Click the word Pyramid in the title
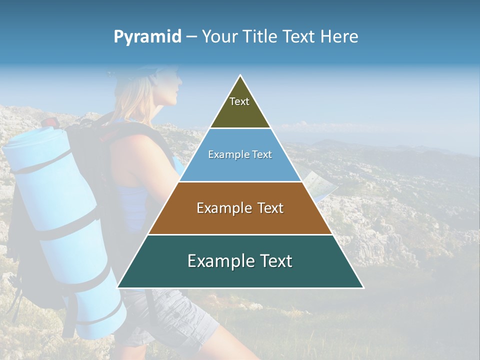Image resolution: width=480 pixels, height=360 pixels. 147,37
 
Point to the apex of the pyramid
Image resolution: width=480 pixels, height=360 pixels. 240,75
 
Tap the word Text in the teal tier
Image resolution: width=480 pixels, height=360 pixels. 271,261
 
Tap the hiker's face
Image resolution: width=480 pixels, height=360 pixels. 170,90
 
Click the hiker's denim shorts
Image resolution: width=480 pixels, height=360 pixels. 170,315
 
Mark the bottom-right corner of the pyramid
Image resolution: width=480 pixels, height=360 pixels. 363,287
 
